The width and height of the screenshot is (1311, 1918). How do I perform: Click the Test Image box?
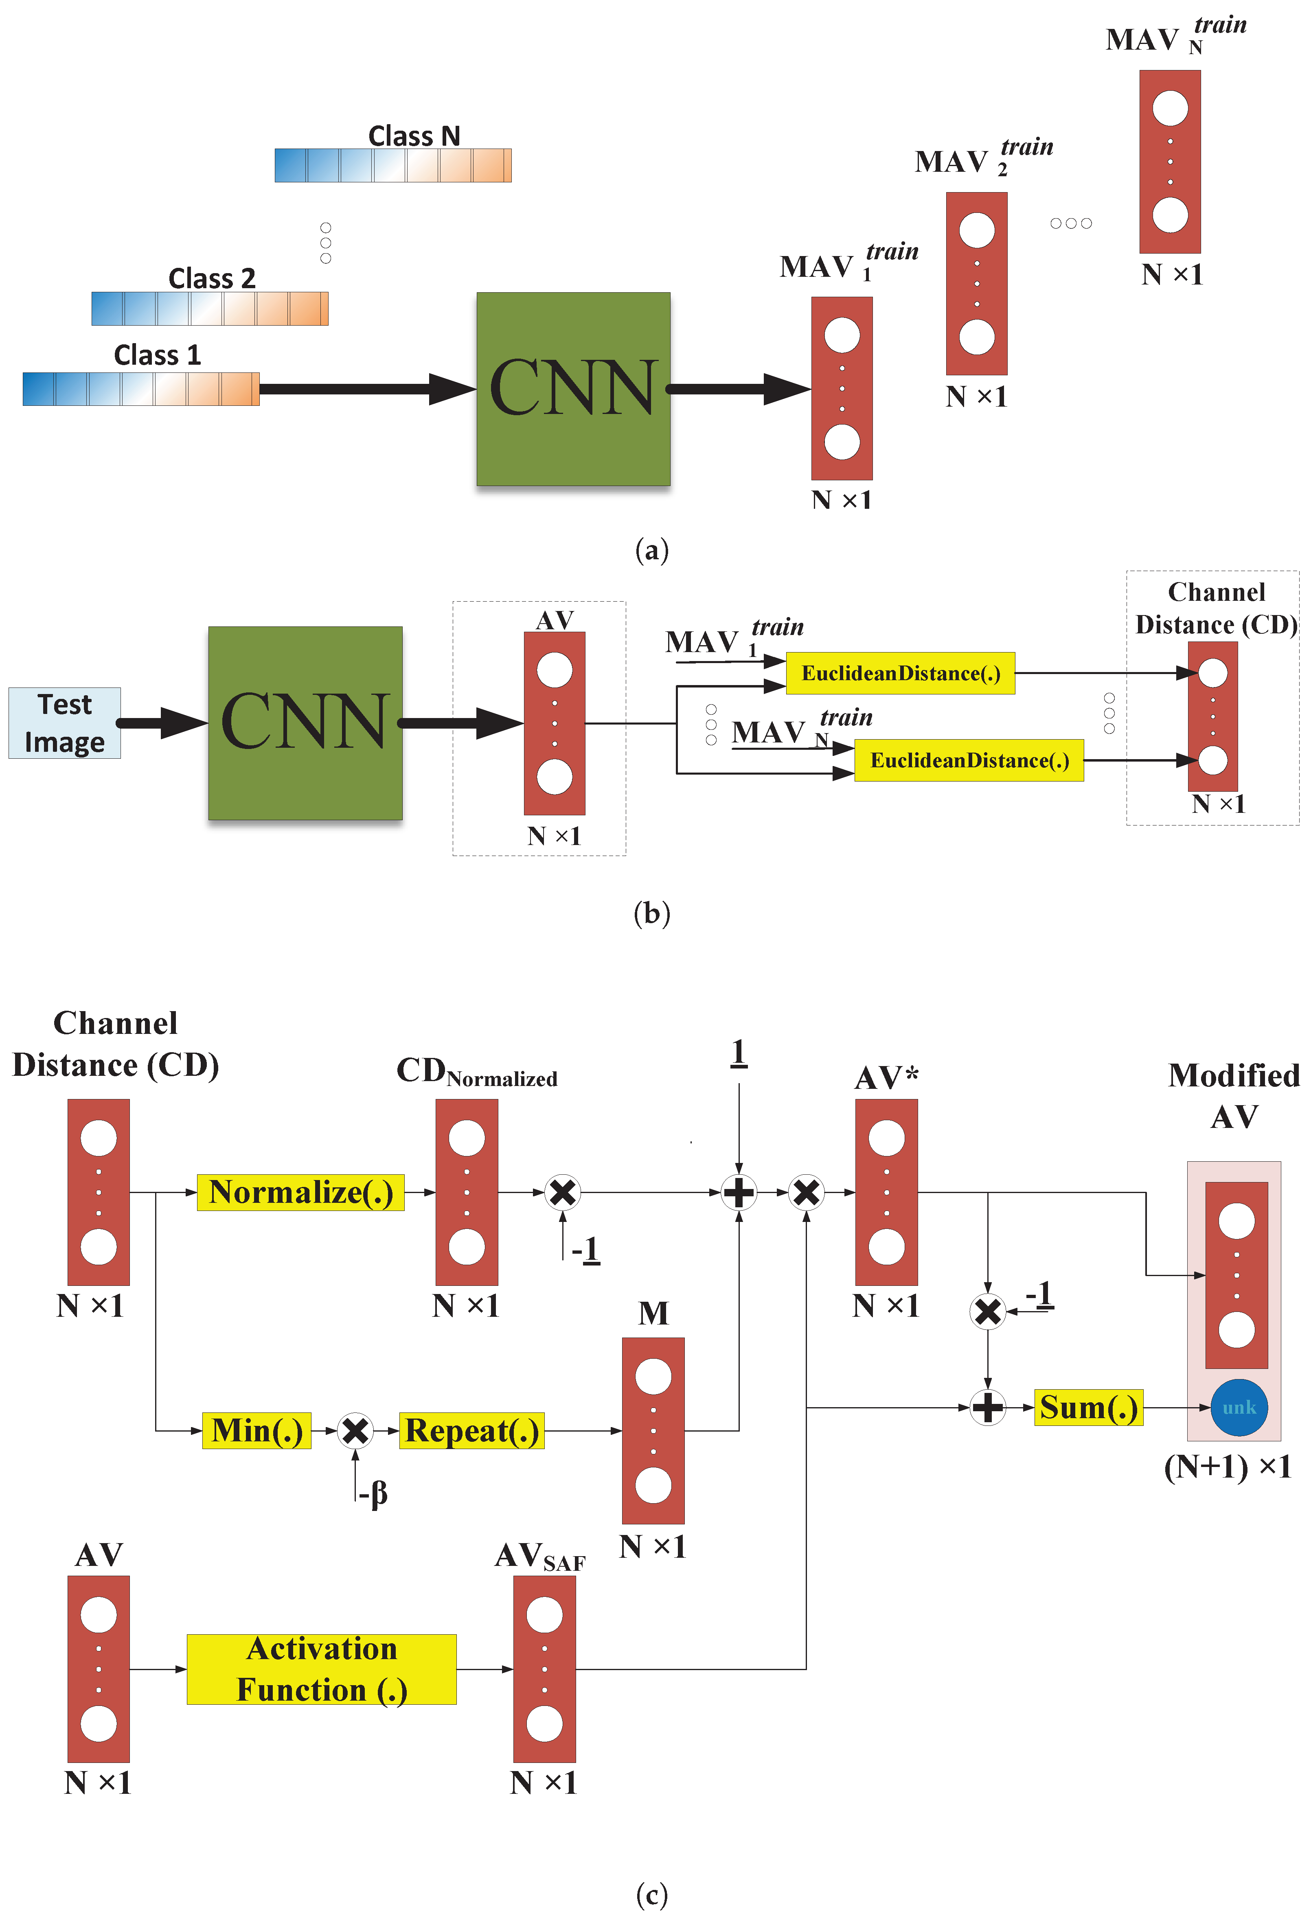click(x=64, y=723)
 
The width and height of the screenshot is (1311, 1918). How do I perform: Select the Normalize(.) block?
click(x=300, y=1193)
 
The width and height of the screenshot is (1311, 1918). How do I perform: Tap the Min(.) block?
click(x=257, y=1430)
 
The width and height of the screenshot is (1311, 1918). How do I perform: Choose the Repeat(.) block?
click(x=471, y=1430)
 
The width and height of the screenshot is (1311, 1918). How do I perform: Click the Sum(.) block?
click(x=1088, y=1407)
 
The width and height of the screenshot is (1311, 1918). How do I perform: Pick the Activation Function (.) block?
click(x=321, y=1669)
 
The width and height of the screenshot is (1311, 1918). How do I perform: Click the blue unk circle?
click(x=1239, y=1407)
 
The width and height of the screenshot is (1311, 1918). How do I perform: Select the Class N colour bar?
click(x=393, y=165)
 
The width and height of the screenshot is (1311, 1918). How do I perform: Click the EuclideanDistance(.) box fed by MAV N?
click(x=969, y=760)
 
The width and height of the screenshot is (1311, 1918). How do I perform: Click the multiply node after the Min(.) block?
click(x=355, y=1430)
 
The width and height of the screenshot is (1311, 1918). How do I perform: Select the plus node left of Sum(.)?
click(x=987, y=1407)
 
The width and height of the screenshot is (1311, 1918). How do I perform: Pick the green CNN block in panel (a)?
click(x=573, y=389)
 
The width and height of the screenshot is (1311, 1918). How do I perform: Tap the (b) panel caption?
click(x=651, y=913)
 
